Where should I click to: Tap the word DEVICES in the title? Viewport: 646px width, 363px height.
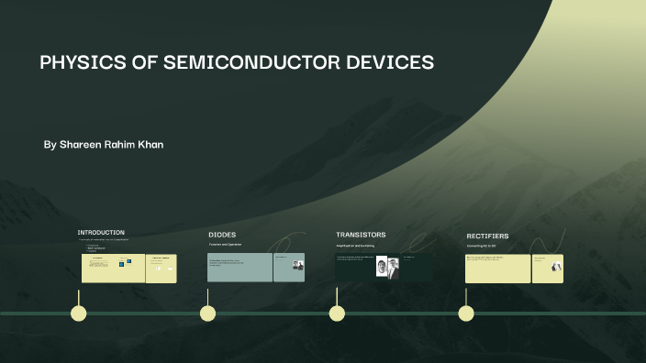pyautogui.click(x=388, y=63)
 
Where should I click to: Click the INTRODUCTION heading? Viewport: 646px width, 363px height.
pyautogui.click(x=101, y=233)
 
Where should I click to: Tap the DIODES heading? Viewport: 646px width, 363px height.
pyautogui.click(x=222, y=235)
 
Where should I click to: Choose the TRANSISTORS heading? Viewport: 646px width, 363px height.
pyautogui.click(x=361, y=235)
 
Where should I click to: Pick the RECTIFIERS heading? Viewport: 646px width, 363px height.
pyautogui.click(x=487, y=236)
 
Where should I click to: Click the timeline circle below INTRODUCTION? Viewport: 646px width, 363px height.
pyautogui.click(x=79, y=313)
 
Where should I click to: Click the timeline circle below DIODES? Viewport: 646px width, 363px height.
pyautogui.click(x=208, y=313)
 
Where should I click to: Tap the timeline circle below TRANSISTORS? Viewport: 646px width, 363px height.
pyautogui.click(x=337, y=313)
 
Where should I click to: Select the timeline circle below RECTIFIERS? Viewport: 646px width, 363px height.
pyautogui.click(x=466, y=313)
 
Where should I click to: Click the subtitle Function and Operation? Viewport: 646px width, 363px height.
pyautogui.click(x=226, y=245)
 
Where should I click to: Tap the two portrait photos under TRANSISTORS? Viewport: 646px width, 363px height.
pyautogui.click(x=387, y=268)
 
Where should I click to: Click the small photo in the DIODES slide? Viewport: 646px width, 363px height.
pyautogui.click(x=297, y=265)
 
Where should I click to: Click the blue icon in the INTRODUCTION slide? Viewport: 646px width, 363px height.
pyautogui.click(x=121, y=263)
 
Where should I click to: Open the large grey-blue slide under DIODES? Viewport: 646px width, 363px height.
pyautogui.click(x=239, y=268)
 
